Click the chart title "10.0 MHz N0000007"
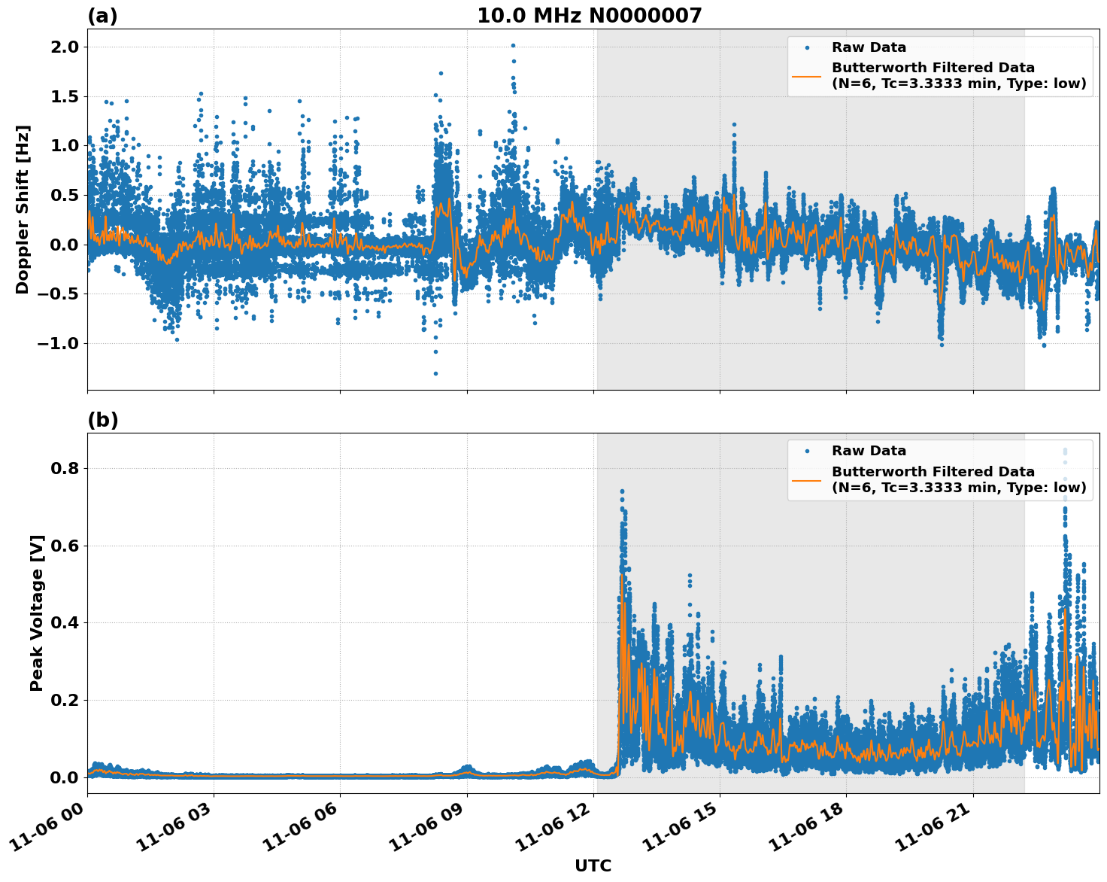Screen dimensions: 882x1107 (589, 16)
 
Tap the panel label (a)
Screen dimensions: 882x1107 (102, 16)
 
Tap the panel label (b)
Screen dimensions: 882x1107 (102, 420)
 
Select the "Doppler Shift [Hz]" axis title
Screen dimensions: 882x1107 (23, 209)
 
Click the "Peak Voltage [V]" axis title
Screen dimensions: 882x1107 (37, 613)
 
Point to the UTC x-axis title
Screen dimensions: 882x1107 (593, 865)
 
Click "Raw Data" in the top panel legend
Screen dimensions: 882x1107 (869, 47)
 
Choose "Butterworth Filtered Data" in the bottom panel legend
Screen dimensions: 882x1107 (933, 472)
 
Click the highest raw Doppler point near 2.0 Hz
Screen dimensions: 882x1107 (513, 45)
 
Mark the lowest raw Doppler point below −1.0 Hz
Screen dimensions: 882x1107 (435, 373)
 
